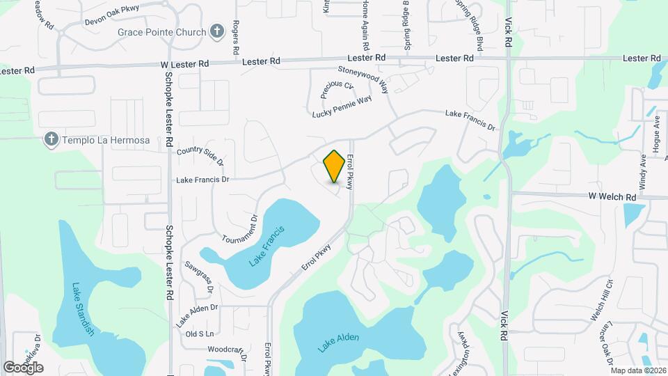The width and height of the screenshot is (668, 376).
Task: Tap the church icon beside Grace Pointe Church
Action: (217, 31)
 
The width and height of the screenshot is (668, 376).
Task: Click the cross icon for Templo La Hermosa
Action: (50, 140)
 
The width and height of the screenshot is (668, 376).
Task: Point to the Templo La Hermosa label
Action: (106, 141)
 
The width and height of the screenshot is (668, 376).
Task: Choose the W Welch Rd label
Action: (612, 197)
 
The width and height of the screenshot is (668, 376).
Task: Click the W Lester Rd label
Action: (184, 63)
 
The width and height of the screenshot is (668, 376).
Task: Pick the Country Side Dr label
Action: (200, 155)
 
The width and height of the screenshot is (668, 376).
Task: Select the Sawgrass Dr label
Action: (202, 275)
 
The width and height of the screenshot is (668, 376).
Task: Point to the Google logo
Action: (23, 368)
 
